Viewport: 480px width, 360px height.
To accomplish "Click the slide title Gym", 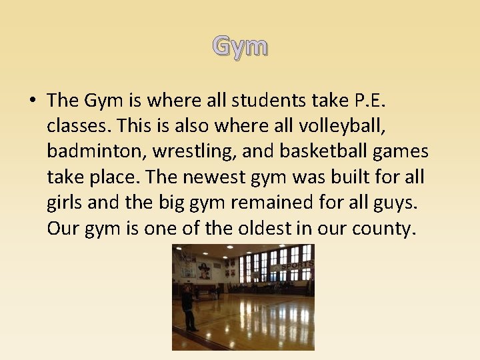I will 240,47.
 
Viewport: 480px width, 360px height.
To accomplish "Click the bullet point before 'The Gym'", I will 32,101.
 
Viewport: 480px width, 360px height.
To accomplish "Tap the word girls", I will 65,203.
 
